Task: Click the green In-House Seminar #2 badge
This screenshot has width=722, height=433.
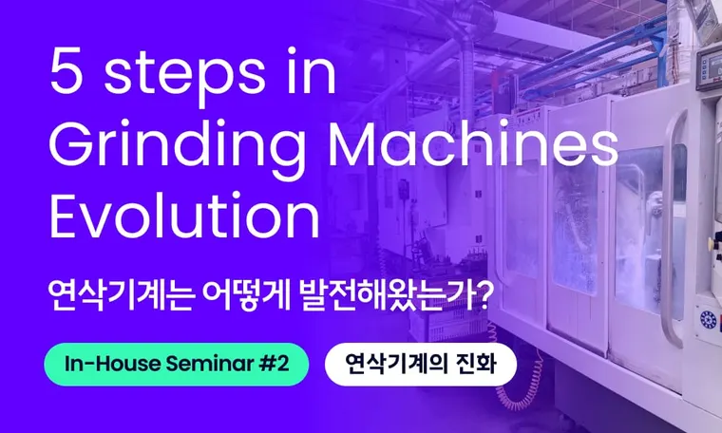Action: tap(176, 364)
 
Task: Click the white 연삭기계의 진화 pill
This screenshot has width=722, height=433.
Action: tap(421, 364)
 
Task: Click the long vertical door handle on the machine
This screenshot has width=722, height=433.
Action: tap(672, 228)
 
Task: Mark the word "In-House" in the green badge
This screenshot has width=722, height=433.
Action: tap(107, 364)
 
